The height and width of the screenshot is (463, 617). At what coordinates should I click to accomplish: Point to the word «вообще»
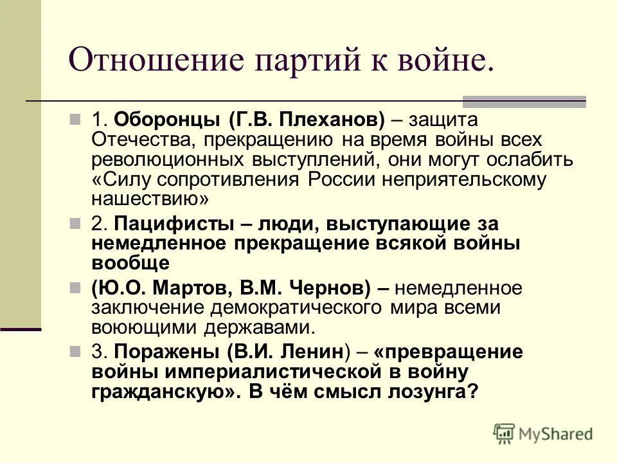130,263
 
